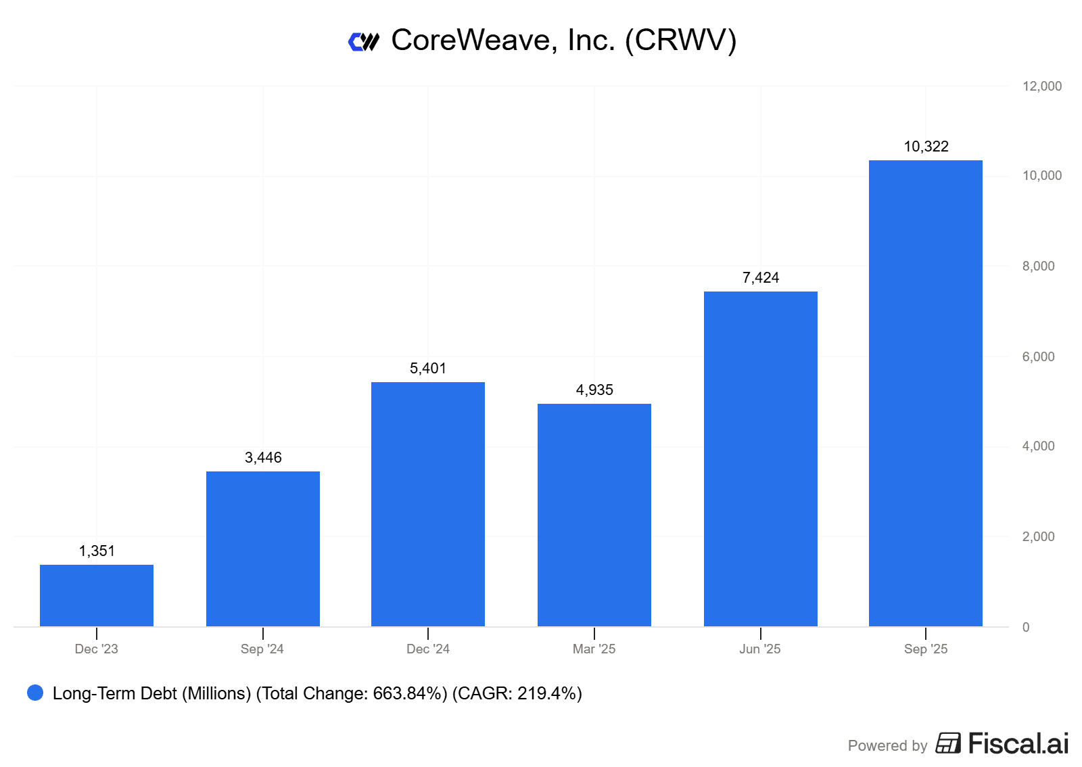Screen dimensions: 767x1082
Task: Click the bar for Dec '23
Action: pos(97,595)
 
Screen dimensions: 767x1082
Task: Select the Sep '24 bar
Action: pos(263,549)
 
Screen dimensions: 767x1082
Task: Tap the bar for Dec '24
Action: pos(428,504)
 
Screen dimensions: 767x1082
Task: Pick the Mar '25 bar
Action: pos(594,515)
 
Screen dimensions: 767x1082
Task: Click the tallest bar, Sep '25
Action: pos(926,393)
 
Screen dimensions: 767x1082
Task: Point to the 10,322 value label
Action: pos(926,147)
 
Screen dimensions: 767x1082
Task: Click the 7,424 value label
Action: pos(761,278)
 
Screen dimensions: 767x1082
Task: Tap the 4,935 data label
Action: pos(594,390)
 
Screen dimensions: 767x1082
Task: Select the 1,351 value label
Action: pos(97,551)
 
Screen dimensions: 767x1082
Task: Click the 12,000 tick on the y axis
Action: pos(1041,86)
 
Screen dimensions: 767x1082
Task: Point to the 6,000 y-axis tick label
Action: pos(1038,356)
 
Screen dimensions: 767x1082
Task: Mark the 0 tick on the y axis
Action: pos(1026,627)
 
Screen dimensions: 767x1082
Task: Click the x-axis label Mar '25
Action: pos(594,649)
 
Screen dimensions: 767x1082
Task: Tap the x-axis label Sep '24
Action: pos(262,649)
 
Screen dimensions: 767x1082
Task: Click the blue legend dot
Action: pos(35,693)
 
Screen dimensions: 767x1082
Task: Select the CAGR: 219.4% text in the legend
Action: pos(517,693)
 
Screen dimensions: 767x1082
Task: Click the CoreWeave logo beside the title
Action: pos(364,42)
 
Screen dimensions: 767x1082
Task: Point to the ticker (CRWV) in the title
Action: pos(680,41)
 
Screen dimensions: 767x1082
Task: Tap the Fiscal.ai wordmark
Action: pos(1018,743)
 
